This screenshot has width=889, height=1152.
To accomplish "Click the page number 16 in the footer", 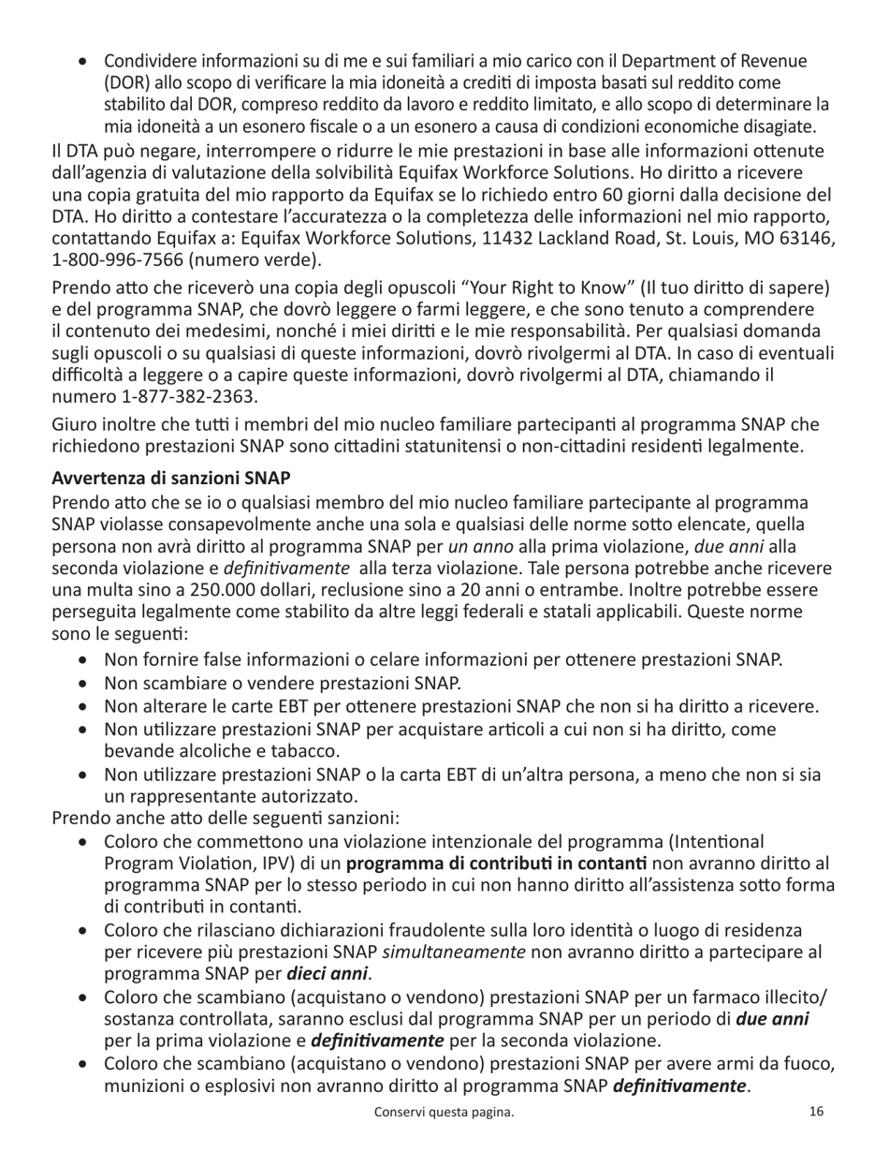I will click(x=816, y=1112).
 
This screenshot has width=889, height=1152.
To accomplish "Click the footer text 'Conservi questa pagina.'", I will click(x=444, y=1113).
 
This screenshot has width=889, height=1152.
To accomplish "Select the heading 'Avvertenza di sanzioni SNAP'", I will click(x=171, y=479).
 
